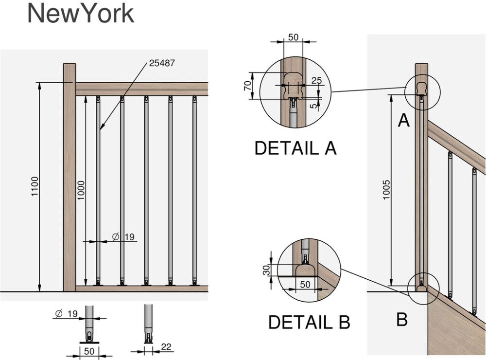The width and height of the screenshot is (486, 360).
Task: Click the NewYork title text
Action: [x=80, y=14]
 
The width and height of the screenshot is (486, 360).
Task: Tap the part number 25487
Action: [x=162, y=63]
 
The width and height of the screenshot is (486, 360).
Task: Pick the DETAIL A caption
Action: [x=295, y=148]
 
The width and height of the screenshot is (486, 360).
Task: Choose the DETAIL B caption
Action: [x=309, y=322]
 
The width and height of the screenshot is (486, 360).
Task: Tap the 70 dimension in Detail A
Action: [x=247, y=86]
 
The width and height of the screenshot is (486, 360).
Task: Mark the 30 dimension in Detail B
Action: [x=266, y=270]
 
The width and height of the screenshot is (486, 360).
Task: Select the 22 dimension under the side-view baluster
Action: [x=167, y=347]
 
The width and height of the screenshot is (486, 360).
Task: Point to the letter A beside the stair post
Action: [x=403, y=120]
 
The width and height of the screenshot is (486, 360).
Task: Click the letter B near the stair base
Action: [x=401, y=320]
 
